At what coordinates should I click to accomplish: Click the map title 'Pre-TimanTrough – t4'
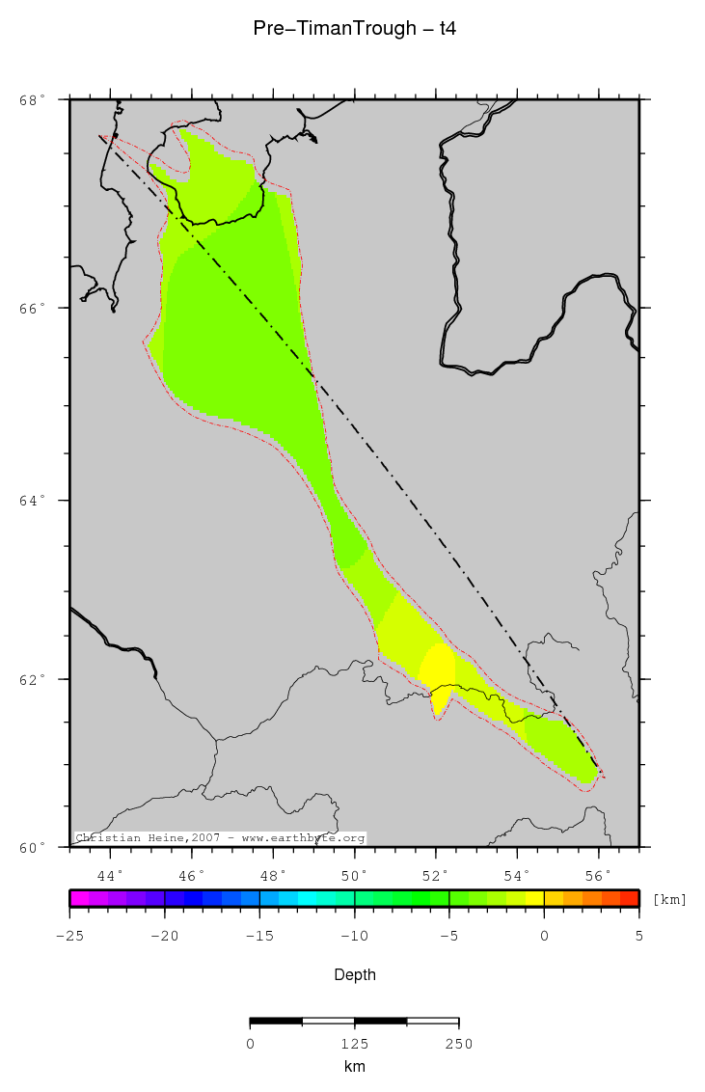[x=354, y=29]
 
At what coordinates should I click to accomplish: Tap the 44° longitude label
[x=111, y=876]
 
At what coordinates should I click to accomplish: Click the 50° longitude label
[x=355, y=876]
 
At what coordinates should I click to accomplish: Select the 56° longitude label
[x=599, y=876]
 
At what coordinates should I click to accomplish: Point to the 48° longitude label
[x=274, y=876]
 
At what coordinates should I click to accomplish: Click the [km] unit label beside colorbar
[x=670, y=899]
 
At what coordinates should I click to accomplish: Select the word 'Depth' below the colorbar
[x=354, y=975]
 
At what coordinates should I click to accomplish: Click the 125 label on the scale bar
[x=354, y=1044]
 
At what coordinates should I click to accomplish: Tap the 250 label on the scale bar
[x=458, y=1044]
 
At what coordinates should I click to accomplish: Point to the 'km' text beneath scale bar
[x=354, y=1067]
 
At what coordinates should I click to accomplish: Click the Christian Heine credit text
[x=220, y=838]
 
